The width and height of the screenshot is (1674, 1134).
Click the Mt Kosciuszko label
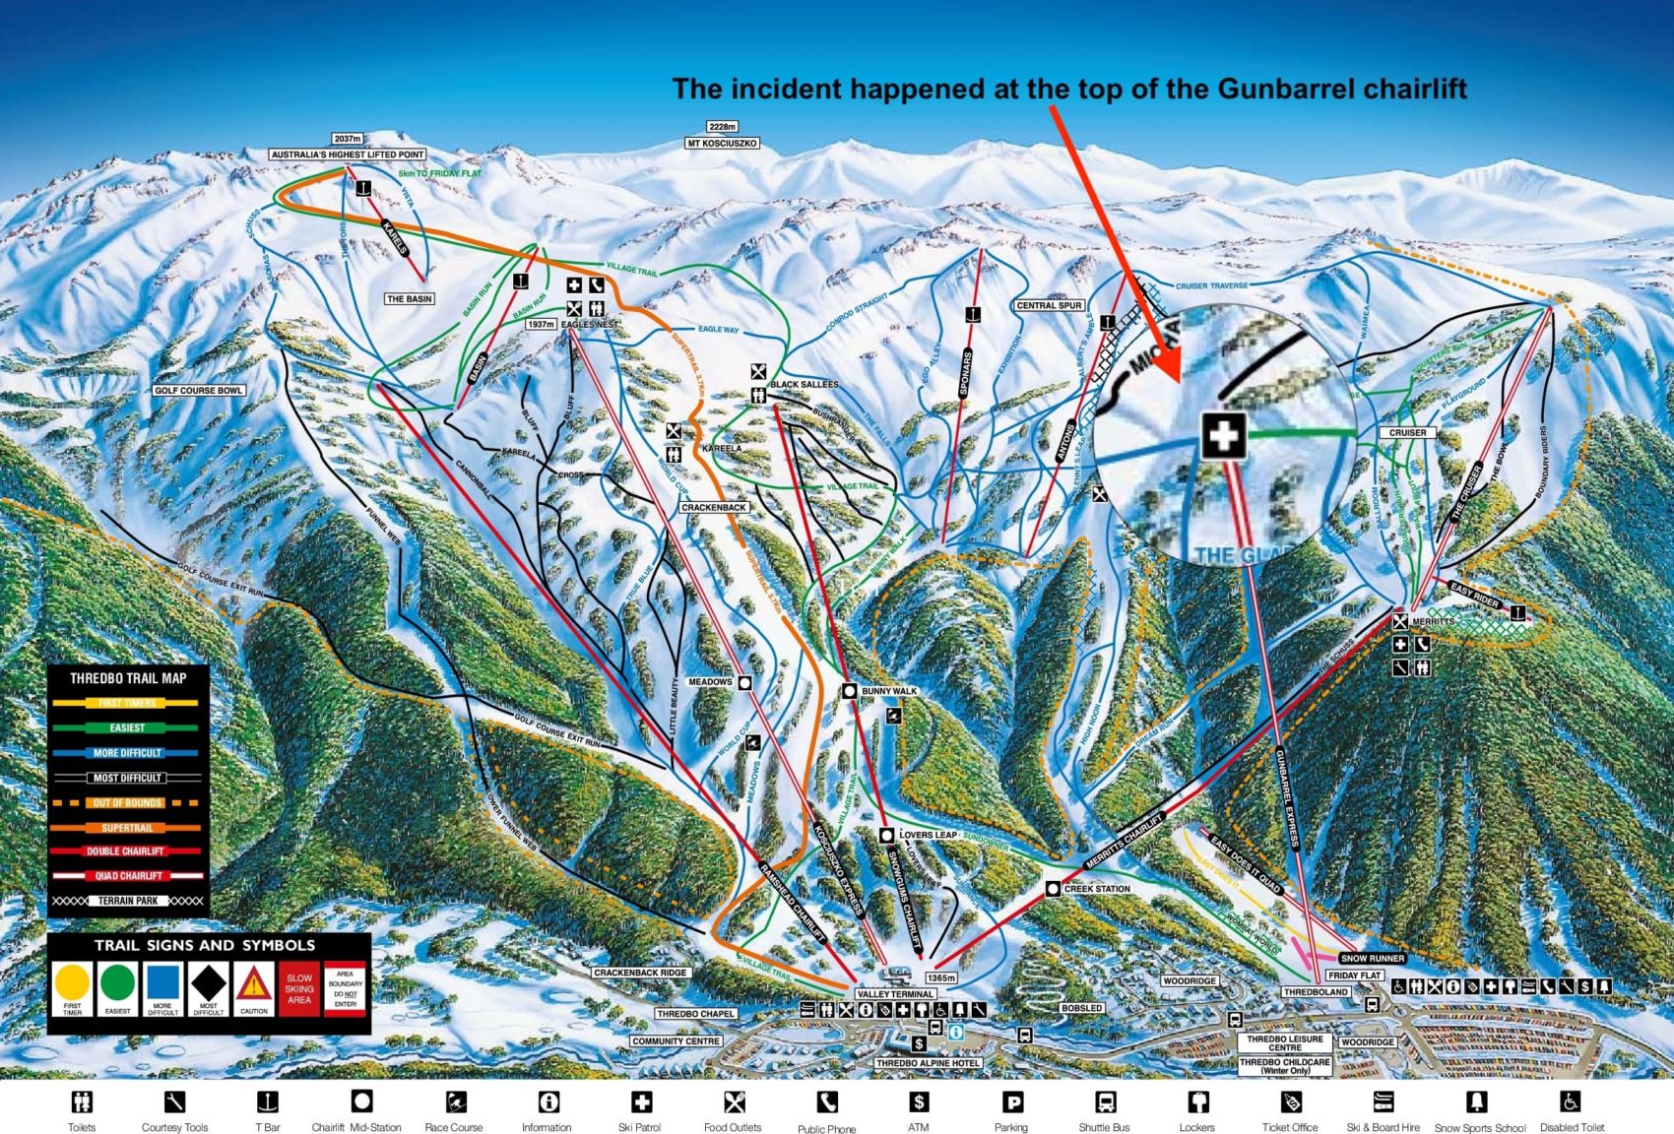click(722, 143)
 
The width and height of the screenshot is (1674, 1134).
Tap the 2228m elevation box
click(722, 126)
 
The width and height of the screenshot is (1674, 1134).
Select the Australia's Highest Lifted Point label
click(348, 155)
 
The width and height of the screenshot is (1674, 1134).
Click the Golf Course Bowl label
click(198, 391)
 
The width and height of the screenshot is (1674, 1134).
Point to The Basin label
click(409, 298)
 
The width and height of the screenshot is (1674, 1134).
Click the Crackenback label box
click(714, 507)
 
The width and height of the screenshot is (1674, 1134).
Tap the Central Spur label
click(1050, 305)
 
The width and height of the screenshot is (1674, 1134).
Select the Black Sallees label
click(805, 384)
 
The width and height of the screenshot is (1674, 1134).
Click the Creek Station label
click(1096, 888)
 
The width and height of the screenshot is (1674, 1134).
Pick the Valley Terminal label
click(895, 994)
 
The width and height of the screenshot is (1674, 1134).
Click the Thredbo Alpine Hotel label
click(927, 1063)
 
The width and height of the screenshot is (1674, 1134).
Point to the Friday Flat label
click(1354, 975)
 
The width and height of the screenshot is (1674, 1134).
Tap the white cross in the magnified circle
click(1223, 434)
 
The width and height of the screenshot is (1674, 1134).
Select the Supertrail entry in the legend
click(127, 828)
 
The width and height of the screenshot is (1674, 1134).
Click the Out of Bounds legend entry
click(127, 802)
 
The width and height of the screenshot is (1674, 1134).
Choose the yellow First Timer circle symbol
click(72, 983)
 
